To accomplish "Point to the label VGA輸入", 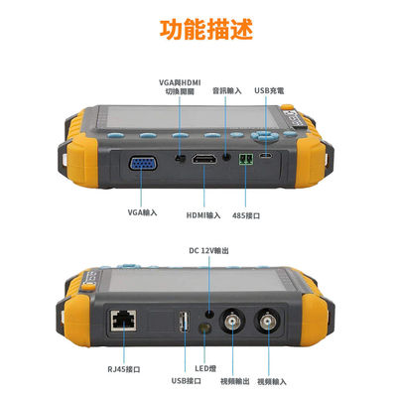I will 143,211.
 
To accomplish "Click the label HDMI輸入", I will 202,211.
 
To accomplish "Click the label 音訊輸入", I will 227,91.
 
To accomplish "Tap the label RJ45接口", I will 123,368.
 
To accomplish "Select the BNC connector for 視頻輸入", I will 269,322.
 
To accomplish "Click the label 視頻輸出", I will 234,380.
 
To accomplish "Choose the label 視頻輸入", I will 273,380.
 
